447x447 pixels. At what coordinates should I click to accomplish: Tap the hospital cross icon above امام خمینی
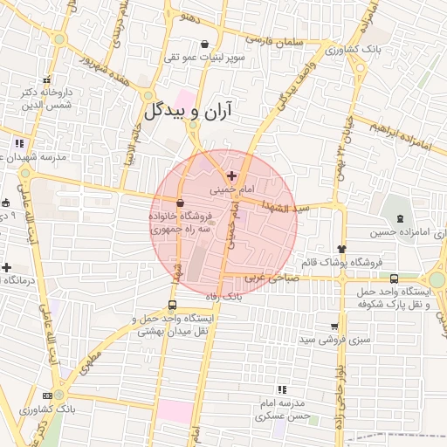tap(231, 176)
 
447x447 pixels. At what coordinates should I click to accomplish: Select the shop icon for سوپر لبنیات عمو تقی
tap(204, 45)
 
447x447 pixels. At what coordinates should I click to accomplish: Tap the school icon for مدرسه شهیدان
tap(20, 143)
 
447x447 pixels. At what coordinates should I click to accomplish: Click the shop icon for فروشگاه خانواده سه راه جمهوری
tap(180, 203)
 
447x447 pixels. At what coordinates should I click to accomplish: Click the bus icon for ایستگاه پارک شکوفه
tap(395, 279)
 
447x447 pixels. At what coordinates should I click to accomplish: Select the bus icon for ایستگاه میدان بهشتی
tap(172, 306)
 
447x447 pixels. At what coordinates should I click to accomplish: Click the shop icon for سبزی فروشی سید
tap(334, 325)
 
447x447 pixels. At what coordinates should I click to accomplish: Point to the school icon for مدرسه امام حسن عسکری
tap(281, 389)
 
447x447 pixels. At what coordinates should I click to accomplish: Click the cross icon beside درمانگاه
tap(7, 267)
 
